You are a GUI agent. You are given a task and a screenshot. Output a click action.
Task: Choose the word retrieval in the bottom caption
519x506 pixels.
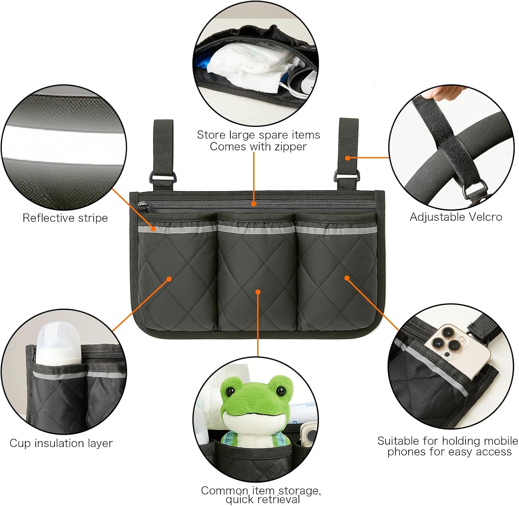[x=278, y=499]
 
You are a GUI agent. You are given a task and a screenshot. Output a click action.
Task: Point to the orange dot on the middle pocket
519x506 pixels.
[x=258, y=292]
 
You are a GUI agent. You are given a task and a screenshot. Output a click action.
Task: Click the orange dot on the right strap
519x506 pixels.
[x=348, y=158]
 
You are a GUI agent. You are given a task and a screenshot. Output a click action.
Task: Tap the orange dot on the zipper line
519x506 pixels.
[x=254, y=204]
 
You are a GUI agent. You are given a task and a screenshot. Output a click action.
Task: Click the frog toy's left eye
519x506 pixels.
[x=230, y=392]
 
